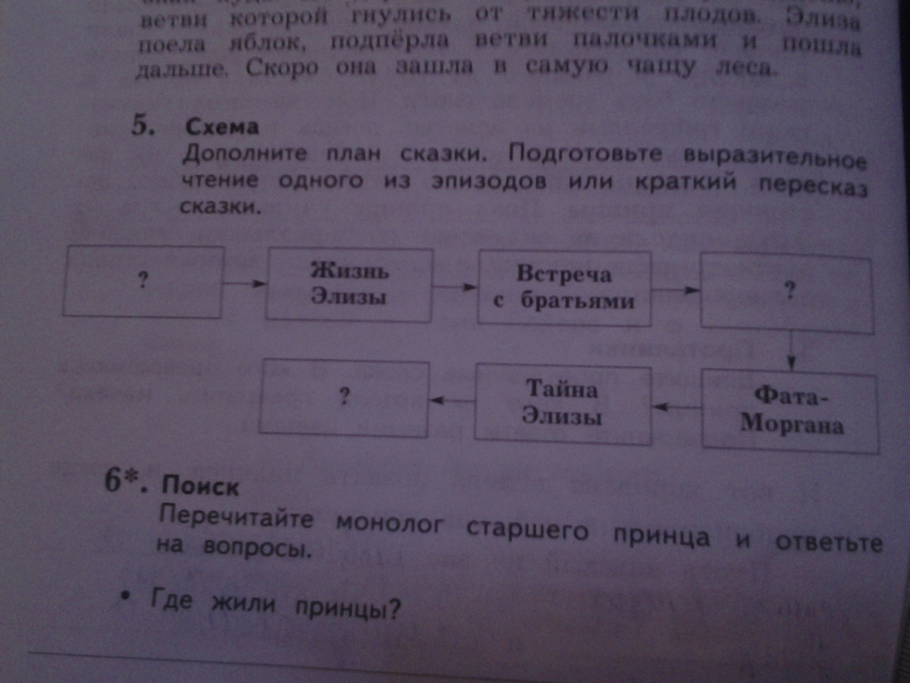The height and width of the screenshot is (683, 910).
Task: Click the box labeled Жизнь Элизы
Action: [348, 285]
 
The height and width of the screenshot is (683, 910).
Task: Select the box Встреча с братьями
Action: [563, 288]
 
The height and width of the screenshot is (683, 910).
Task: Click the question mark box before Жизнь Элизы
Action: [143, 280]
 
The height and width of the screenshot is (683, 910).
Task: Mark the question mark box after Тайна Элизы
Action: [344, 398]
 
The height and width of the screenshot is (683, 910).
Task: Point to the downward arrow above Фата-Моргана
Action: [791, 351]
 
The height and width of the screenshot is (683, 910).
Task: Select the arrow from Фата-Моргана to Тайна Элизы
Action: [676, 408]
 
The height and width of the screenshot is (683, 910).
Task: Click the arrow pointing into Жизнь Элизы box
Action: [246, 284]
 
